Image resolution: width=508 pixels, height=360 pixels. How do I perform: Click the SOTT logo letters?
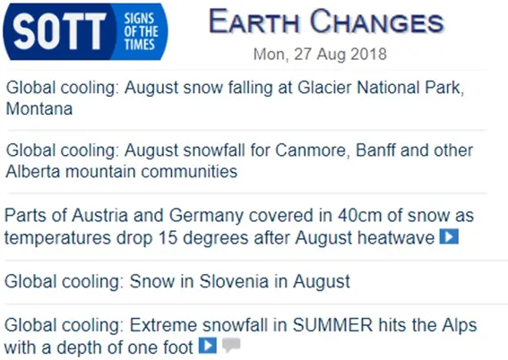click(60, 31)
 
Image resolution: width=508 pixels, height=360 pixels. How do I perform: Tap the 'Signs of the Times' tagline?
click(141, 31)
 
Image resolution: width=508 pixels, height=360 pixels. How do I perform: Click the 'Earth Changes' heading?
click(326, 21)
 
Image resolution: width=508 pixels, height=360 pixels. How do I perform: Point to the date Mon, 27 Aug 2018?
click(320, 54)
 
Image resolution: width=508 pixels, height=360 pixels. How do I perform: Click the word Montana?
click(39, 108)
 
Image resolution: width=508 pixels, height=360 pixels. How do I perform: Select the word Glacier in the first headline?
click(324, 88)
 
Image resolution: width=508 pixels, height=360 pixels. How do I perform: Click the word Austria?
click(99, 215)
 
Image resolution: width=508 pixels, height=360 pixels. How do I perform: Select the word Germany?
click(206, 216)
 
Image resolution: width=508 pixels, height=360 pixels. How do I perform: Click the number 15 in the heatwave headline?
click(168, 237)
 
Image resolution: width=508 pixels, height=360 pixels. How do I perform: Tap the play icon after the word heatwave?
click(449, 236)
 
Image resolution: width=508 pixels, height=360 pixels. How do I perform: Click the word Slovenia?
click(234, 281)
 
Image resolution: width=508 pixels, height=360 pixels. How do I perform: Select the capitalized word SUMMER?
click(332, 325)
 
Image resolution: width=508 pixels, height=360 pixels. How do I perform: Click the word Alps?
click(460, 326)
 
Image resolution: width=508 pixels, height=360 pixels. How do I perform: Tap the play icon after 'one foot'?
click(207, 346)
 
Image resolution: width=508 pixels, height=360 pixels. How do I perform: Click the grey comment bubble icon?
click(231, 345)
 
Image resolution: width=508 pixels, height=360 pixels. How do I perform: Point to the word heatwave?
click(396, 237)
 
